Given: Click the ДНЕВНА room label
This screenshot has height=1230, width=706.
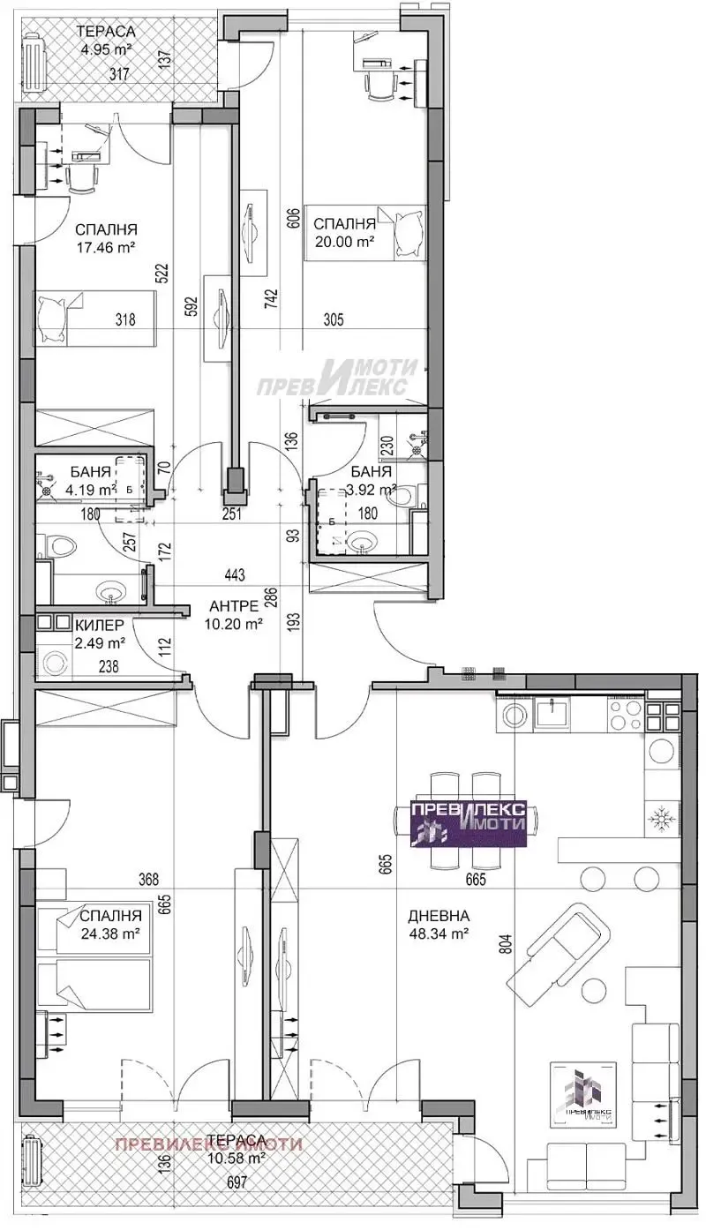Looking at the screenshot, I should click(x=439, y=916).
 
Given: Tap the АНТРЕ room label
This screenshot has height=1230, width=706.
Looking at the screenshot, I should click(x=233, y=606).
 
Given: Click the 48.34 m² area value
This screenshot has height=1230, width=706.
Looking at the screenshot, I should click(x=439, y=933).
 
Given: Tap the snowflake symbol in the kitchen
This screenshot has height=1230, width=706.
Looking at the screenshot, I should click(x=661, y=818).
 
